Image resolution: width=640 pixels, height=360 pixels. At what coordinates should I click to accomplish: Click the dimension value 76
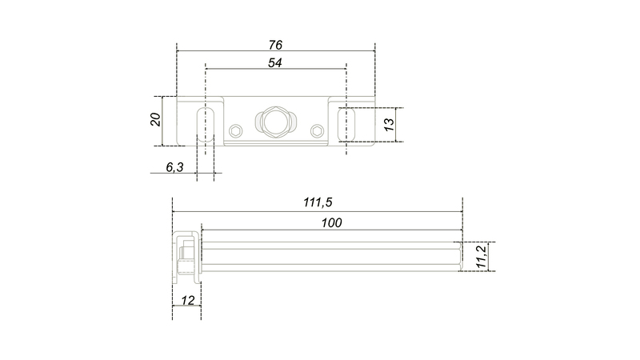(x=275, y=45)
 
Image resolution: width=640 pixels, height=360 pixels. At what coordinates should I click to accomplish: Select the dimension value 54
(x=275, y=63)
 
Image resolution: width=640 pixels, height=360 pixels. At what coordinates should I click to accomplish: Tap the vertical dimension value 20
(x=155, y=119)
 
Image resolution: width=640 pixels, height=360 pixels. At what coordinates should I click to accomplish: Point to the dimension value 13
(x=390, y=125)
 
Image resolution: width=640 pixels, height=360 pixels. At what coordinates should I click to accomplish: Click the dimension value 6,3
(x=174, y=167)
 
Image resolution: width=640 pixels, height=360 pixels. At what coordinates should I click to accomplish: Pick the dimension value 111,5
(x=318, y=202)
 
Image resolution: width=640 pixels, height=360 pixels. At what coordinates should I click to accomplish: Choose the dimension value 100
(x=331, y=223)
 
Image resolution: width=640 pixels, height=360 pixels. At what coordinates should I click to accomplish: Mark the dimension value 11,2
(x=482, y=257)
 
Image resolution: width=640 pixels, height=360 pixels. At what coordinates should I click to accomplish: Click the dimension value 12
(x=187, y=301)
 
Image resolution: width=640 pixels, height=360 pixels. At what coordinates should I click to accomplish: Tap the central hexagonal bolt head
(x=276, y=122)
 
